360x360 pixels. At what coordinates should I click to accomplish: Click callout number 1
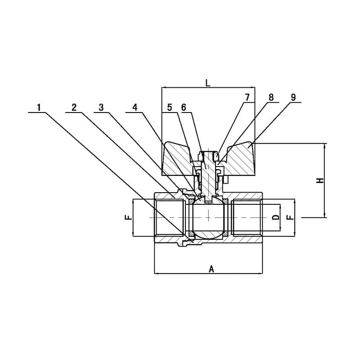(x=39, y=108)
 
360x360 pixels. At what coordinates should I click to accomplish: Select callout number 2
(x=74, y=108)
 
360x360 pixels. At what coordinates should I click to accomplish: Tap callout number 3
(x=101, y=108)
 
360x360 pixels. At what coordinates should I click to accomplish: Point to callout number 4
(x=135, y=108)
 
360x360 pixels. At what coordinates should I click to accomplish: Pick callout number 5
(x=170, y=108)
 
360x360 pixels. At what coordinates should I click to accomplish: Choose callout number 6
(x=184, y=108)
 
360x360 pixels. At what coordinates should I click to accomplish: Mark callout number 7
(x=247, y=97)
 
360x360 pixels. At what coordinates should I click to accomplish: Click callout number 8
(x=271, y=97)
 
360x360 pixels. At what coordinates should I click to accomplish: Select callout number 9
(x=293, y=97)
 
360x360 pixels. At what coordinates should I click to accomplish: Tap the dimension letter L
(x=208, y=83)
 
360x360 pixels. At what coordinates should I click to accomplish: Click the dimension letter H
(x=320, y=180)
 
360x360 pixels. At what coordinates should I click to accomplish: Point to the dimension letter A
(x=211, y=269)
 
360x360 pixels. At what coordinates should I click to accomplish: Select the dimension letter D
(x=276, y=217)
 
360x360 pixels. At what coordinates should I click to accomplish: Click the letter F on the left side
(x=128, y=217)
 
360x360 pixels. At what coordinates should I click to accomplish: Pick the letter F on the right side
(x=290, y=217)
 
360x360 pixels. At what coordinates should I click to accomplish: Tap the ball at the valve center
(x=208, y=219)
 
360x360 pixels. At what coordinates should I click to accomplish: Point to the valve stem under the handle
(x=208, y=180)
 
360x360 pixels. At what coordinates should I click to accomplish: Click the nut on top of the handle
(x=208, y=155)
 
